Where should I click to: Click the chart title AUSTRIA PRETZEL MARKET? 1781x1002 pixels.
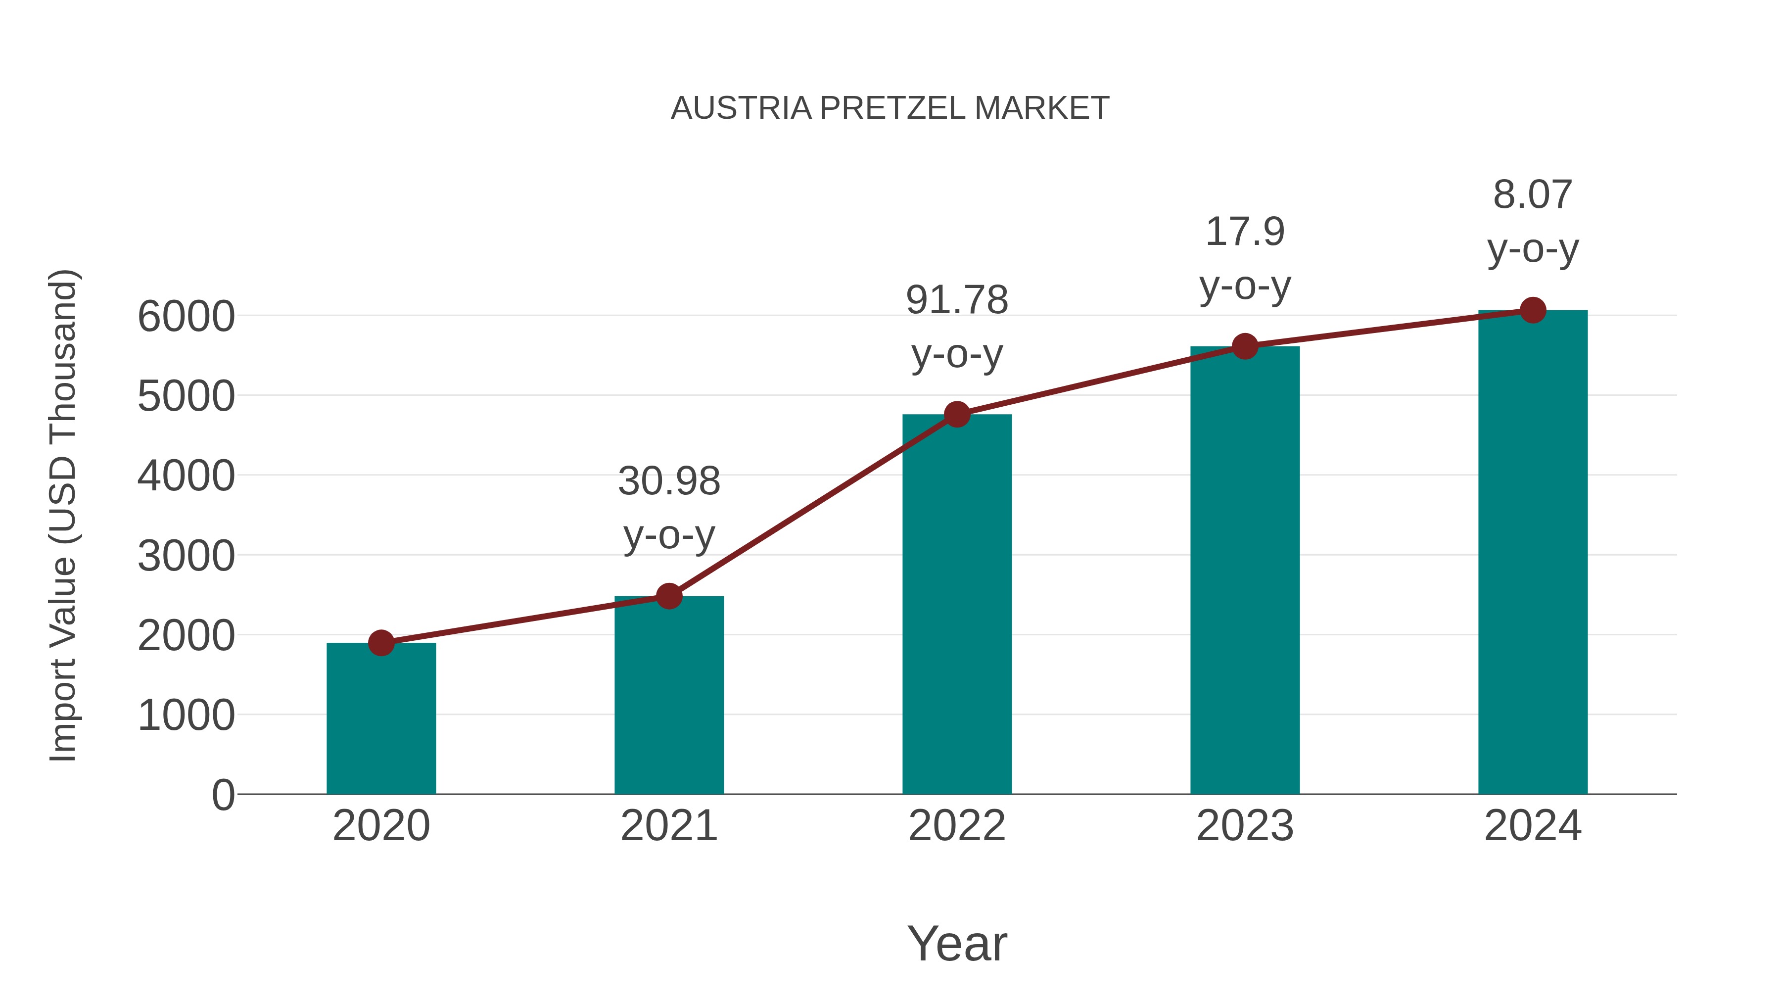[890, 108]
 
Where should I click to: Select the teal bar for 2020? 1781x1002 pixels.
[381, 719]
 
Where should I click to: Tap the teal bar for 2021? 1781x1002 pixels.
[668, 695]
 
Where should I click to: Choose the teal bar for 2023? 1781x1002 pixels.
[1245, 571]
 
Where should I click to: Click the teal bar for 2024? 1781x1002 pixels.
[1533, 553]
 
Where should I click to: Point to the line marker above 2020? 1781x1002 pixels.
[381, 643]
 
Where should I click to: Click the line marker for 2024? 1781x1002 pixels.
[1533, 310]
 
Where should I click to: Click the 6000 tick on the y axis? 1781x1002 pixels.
[186, 317]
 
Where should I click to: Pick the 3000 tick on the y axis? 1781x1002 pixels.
[186, 556]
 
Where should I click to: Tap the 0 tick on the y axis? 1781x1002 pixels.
[223, 795]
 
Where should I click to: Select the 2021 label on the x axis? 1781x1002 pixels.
[668, 826]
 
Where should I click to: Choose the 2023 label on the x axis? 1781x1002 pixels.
[1245, 826]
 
